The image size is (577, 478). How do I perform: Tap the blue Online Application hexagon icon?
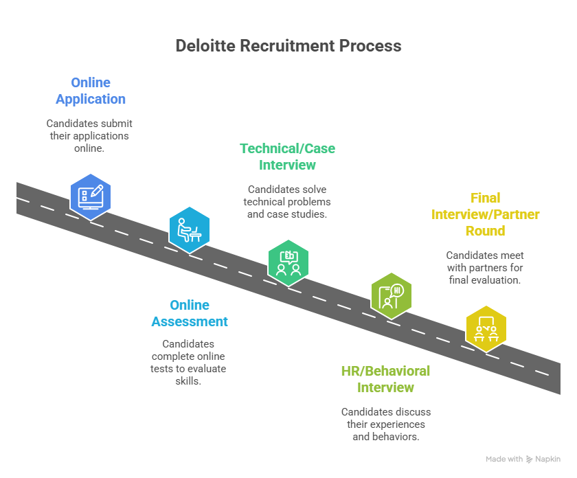pyautogui.click(x=91, y=196)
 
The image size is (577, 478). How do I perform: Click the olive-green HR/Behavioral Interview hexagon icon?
pyautogui.click(x=391, y=295)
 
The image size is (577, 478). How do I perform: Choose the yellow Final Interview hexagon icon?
pyautogui.click(x=486, y=328)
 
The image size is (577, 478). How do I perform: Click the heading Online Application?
pyautogui.click(x=91, y=91)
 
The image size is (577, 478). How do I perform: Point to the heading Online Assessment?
pyautogui.click(x=190, y=313)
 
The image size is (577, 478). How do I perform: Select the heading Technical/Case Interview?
pyautogui.click(x=287, y=157)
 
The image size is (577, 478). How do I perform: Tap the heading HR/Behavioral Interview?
pyautogui.click(x=385, y=379)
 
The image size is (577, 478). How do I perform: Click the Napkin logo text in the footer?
pyautogui.click(x=548, y=459)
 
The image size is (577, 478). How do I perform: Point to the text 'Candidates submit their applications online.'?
pyautogui.click(x=89, y=135)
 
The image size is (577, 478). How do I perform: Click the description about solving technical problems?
pyautogui.click(x=287, y=201)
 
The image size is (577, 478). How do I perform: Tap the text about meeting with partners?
pyautogui.click(x=484, y=267)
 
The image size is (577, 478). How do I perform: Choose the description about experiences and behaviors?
pyautogui.click(x=385, y=424)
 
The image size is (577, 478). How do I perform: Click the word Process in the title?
pyautogui.click(x=370, y=46)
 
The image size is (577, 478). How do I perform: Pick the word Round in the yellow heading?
pyautogui.click(x=486, y=231)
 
